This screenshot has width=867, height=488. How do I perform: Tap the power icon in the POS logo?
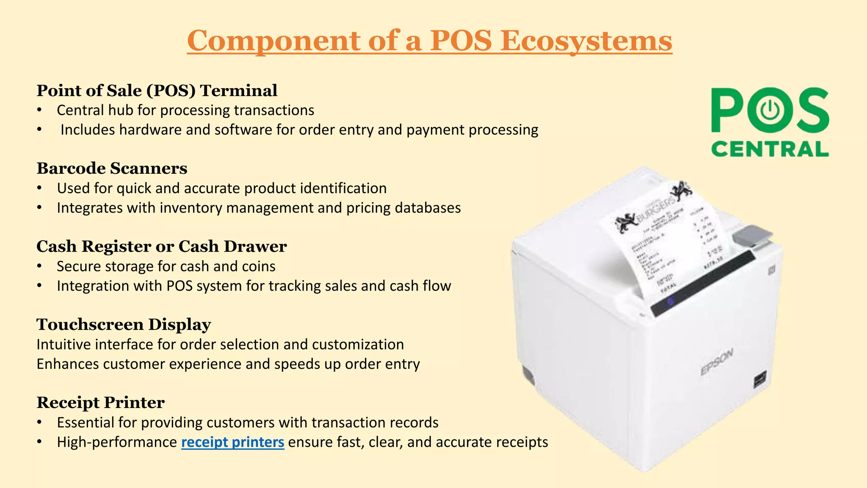770,110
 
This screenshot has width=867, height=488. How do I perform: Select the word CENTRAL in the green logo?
770,149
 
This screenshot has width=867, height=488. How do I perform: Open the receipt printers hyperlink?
232,442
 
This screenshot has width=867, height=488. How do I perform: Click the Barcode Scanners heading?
112,168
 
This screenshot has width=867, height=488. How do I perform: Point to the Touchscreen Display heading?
124,324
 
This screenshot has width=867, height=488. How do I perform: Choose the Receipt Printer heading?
100,402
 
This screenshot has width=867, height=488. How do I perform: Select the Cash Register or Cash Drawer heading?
161,246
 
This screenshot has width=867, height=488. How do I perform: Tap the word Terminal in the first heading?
238,90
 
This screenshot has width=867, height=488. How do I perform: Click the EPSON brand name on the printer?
716,363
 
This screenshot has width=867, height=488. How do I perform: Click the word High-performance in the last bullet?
117,442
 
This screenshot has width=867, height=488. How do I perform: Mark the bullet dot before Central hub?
39,110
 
